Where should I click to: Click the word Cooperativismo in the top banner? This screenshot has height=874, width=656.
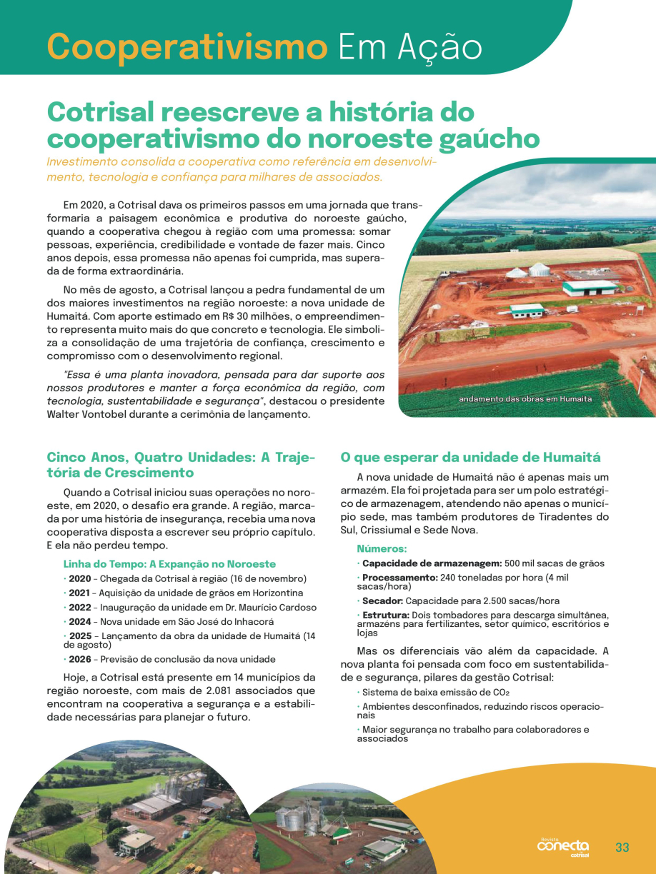click(x=187, y=47)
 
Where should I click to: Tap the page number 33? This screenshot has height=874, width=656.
click(x=622, y=848)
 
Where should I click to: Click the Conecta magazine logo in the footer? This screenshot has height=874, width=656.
click(x=564, y=847)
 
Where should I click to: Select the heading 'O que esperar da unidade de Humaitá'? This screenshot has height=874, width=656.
click(x=470, y=458)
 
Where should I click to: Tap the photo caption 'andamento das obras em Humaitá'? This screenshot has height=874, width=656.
click(x=525, y=399)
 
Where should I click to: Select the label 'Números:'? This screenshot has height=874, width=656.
click(x=382, y=549)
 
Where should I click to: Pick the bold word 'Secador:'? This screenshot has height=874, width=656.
click(x=382, y=601)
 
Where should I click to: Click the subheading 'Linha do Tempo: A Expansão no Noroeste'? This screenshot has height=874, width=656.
click(x=169, y=564)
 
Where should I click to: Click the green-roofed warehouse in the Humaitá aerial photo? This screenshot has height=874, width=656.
click(x=589, y=288)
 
